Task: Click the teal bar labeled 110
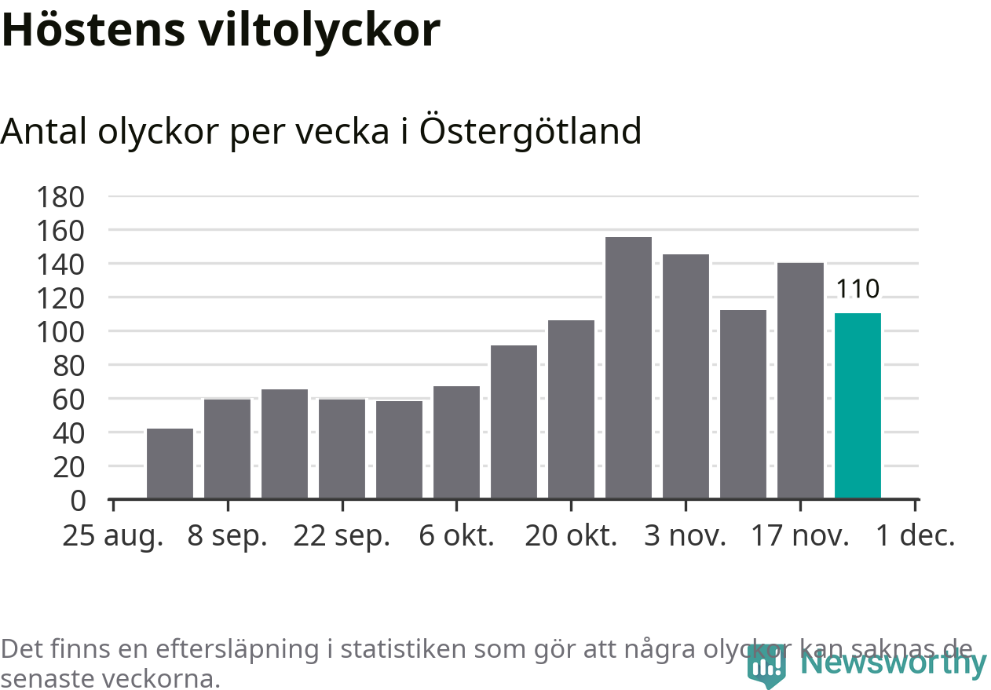click(x=858, y=405)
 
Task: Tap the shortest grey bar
click(x=170, y=463)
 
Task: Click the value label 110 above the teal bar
click(x=858, y=290)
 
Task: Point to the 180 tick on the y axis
click(x=60, y=197)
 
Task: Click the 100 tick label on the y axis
click(x=60, y=332)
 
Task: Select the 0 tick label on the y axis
click(x=77, y=500)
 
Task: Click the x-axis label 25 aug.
click(x=113, y=536)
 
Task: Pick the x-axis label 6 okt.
click(x=457, y=536)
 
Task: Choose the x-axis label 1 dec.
click(x=916, y=536)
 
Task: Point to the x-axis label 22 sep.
click(x=342, y=536)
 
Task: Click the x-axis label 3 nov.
click(x=686, y=536)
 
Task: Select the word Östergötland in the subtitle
click(x=530, y=130)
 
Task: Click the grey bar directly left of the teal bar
click(x=800, y=380)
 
